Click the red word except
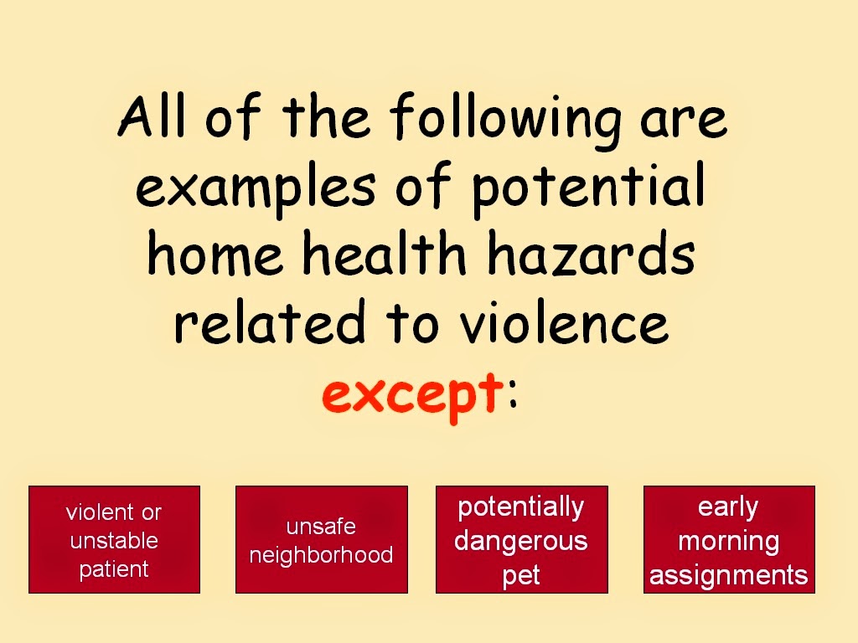[x=412, y=395]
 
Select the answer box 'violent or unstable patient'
[x=114, y=539]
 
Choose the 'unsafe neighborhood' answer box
[x=322, y=539]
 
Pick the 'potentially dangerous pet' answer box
[x=521, y=539]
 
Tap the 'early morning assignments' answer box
[x=729, y=539]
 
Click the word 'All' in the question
[x=152, y=116]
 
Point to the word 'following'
[x=505, y=121]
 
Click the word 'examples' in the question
[x=256, y=188]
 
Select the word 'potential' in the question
[x=588, y=188]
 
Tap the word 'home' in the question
[x=215, y=254]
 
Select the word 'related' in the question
[x=269, y=321]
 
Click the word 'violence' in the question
[x=564, y=321]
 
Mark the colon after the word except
[x=512, y=394]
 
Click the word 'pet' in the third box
[x=521, y=576]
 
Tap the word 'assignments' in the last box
[x=729, y=576]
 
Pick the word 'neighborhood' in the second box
[x=321, y=556]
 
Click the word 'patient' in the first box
[x=114, y=569]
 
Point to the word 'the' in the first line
[x=326, y=116]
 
